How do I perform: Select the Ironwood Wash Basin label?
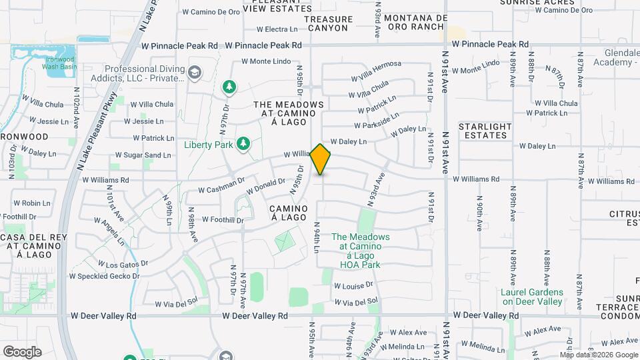click(x=59, y=63)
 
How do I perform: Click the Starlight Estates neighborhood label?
click(x=485, y=131)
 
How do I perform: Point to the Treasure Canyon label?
click(x=327, y=23)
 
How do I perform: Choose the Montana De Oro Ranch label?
click(x=414, y=22)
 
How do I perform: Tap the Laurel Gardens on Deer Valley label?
click(x=532, y=297)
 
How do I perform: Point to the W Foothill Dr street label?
click(x=223, y=219)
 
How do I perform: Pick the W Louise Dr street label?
click(x=353, y=286)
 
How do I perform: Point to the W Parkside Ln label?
click(x=377, y=121)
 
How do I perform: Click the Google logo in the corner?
click(x=22, y=351)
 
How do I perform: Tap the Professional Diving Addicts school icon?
click(x=195, y=72)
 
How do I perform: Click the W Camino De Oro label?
click(x=210, y=12)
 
